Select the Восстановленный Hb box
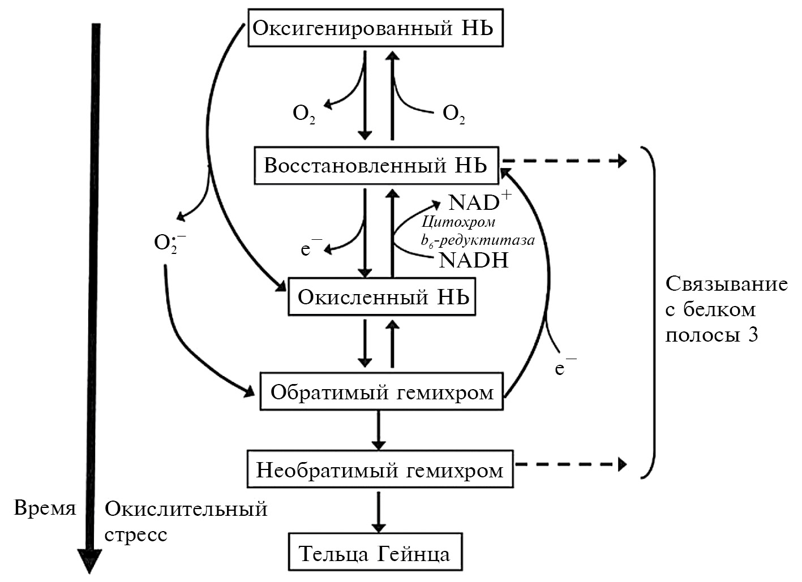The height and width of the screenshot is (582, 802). [376, 166]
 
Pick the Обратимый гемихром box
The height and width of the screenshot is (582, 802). [381, 391]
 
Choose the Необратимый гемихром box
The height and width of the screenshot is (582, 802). [380, 469]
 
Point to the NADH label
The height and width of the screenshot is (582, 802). [473, 260]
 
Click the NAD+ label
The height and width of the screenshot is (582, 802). [479, 201]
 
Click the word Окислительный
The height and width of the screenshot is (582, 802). [186, 509]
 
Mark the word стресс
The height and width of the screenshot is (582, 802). [136, 534]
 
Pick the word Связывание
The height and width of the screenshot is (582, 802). [726, 284]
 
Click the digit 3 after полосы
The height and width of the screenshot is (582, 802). [753, 335]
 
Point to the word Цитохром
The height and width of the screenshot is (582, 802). [458, 222]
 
